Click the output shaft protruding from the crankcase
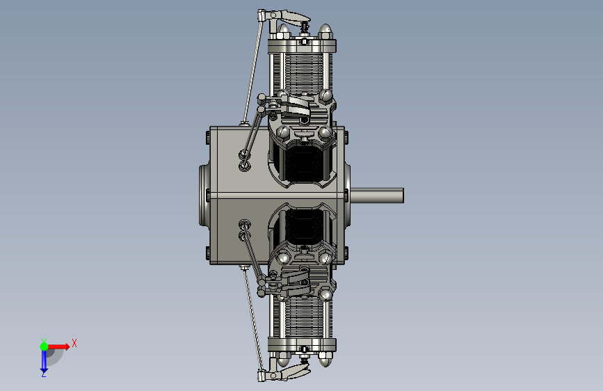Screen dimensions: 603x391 pos(377,195)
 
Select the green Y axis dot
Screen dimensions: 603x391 pos(44,346)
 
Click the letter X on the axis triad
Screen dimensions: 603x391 pos(74,343)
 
